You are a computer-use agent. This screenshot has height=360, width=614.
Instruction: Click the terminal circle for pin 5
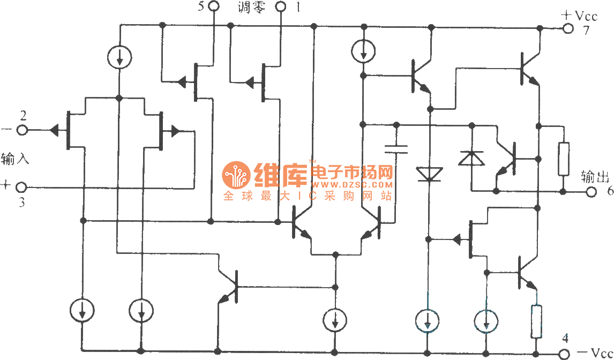point(213,6)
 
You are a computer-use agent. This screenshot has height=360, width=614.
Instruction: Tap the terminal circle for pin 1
point(281,6)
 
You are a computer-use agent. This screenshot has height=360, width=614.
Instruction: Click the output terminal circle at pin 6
point(590,192)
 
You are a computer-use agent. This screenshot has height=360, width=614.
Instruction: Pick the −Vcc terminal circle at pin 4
point(563,353)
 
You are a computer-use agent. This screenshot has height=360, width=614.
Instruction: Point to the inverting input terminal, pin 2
point(23,130)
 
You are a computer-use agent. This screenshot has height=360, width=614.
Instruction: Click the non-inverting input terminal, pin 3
point(21,187)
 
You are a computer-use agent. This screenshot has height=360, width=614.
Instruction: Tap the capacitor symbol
point(396,148)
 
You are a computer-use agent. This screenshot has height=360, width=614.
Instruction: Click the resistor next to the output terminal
point(563,159)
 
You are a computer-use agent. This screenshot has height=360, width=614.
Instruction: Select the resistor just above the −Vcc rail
point(536,321)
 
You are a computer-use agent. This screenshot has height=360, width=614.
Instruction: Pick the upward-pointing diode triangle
point(471,158)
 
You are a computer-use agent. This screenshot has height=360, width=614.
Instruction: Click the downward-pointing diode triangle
point(429,174)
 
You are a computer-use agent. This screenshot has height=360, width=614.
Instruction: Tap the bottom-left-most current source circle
point(83,310)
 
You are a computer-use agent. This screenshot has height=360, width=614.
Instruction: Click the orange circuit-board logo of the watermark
point(236,174)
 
